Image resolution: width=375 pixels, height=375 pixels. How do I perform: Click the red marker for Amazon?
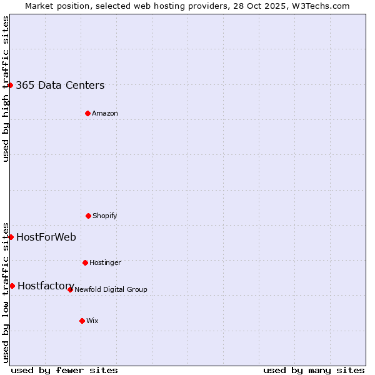[x=87, y=113]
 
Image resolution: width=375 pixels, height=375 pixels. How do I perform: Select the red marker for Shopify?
[x=88, y=216]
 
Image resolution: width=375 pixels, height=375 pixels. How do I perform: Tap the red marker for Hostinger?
[x=85, y=262]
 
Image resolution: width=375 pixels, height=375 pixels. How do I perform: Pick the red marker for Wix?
[x=82, y=321]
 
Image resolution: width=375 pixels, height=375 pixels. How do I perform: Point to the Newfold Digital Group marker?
[x=70, y=289]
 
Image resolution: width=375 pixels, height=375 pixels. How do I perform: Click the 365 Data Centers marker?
[x=11, y=85]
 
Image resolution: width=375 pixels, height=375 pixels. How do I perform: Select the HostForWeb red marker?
[x=11, y=237]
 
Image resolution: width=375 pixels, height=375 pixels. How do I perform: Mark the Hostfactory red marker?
[x=12, y=286]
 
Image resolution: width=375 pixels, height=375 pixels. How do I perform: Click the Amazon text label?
[x=105, y=113]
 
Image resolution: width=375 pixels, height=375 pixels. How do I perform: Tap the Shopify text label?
[x=105, y=216]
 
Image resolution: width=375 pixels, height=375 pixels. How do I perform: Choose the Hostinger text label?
[x=105, y=262]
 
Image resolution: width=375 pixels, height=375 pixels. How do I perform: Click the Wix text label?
[x=92, y=321]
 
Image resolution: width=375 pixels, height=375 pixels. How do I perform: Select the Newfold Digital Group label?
[x=111, y=289]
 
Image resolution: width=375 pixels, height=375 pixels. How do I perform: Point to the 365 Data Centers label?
[x=60, y=86]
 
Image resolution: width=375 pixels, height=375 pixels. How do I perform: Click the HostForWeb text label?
[x=46, y=237]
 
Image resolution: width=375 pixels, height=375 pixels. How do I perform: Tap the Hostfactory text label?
[x=46, y=286]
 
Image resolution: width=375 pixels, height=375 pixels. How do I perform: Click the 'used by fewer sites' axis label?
[x=64, y=370]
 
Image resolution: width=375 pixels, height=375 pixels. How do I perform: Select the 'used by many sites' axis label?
[x=314, y=370]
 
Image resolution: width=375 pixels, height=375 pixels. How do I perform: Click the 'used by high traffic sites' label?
[x=6, y=89]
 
